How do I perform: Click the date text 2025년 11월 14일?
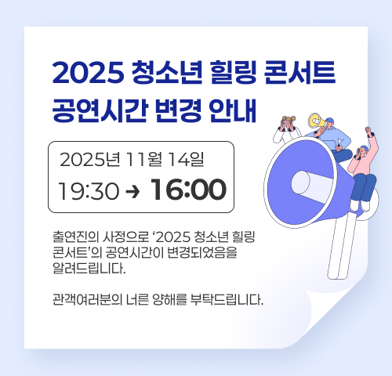132,160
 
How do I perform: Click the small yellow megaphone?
315,122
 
